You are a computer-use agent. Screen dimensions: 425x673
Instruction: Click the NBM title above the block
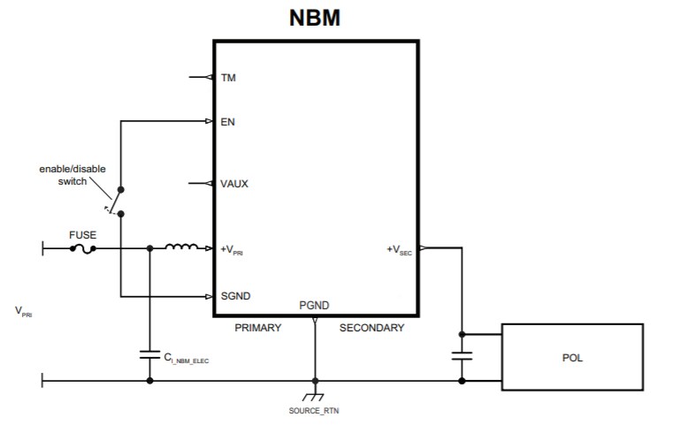315,18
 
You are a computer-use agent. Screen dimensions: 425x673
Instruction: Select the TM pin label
227,78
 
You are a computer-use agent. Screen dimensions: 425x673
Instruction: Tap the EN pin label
227,121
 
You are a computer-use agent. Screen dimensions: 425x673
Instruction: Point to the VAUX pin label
233,184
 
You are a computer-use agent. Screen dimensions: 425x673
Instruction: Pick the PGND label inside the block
315,306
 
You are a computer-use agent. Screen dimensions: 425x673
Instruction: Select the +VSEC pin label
400,250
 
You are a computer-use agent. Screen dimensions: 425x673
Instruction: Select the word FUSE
82,236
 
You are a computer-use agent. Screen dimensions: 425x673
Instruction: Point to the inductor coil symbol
182,247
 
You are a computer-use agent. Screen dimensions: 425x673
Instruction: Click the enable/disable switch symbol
115,201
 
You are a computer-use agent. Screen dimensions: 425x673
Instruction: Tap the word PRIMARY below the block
257,328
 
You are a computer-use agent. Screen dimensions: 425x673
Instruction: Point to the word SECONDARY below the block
371,328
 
